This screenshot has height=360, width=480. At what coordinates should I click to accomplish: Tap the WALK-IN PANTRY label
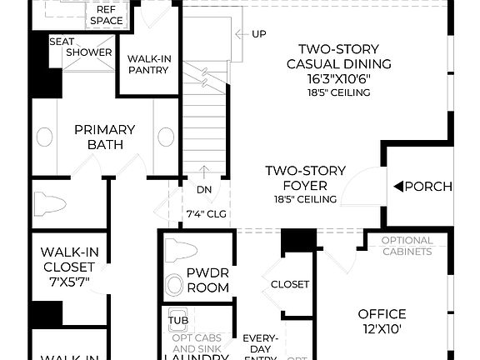[148, 64]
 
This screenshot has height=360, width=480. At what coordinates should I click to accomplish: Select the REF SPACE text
[107, 14]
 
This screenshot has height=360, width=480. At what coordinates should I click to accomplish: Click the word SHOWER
[89, 52]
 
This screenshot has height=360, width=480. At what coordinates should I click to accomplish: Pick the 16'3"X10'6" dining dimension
[338, 77]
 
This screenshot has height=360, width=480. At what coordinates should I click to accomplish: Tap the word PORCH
[428, 186]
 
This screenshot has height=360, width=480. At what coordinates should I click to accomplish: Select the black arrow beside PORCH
[398, 186]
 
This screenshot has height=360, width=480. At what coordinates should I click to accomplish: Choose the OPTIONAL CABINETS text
[407, 247]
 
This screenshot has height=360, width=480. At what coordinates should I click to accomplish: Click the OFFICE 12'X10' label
[382, 321]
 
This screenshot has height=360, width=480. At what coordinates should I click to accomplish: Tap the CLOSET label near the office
[290, 284]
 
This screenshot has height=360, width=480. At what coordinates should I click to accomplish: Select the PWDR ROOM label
[207, 280]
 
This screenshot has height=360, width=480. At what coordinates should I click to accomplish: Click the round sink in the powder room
[174, 285]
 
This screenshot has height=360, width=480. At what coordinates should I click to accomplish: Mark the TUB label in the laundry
[177, 320]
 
